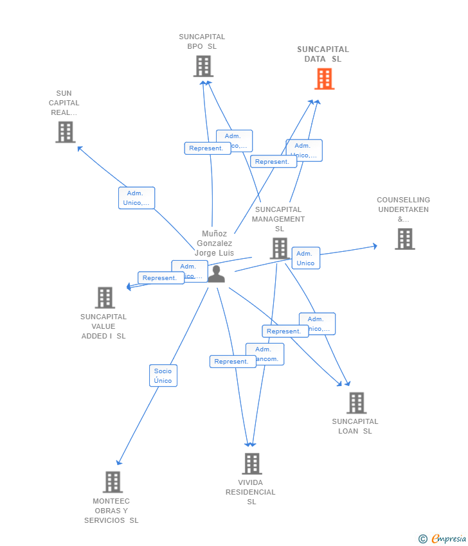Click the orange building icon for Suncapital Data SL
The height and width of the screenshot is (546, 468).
pos(325,79)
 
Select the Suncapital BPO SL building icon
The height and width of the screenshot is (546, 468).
pos(203,66)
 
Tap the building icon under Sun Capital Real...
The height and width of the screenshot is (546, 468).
pos(65,132)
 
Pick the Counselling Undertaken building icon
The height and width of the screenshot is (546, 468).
pos(404,239)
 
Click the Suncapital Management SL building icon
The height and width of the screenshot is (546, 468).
pos(279,249)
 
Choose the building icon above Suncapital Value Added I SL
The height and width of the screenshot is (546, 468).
pos(105,297)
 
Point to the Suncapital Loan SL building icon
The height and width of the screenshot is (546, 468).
pos(356,403)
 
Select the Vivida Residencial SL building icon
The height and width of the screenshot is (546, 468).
pos(251,463)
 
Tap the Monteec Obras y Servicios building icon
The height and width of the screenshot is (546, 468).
pos(113,482)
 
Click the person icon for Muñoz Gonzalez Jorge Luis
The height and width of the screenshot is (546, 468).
pos(216,274)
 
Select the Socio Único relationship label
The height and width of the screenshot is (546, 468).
pos(163,376)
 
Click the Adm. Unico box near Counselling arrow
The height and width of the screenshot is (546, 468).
pos(305,258)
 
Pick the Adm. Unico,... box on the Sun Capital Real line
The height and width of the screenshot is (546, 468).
pos(136,198)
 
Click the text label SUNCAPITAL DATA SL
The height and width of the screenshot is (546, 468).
pos(323,54)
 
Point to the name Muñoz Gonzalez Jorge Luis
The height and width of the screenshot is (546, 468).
pos(215,243)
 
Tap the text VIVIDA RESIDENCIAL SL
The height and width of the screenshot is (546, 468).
pos(251,492)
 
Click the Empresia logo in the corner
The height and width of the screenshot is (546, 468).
pos(442,538)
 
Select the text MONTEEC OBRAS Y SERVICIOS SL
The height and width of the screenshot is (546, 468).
pos(111,511)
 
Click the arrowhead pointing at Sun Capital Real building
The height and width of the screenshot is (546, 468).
pos(80,148)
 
